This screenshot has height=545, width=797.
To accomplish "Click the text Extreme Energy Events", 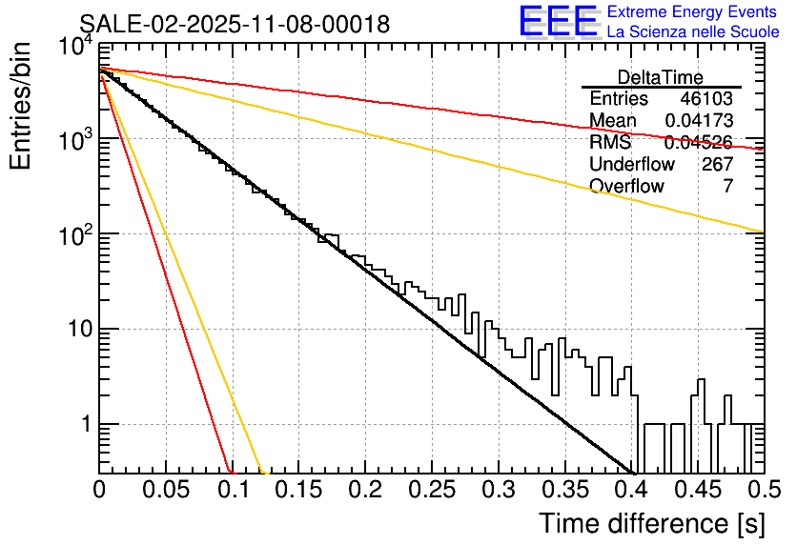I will (692, 12).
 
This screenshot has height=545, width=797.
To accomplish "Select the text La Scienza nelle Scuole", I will (692, 31).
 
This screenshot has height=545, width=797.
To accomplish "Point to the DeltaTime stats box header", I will (661, 77).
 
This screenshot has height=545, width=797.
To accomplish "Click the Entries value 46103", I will (706, 99).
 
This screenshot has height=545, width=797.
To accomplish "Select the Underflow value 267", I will (716, 165).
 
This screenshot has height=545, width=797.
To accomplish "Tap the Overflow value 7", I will (727, 187).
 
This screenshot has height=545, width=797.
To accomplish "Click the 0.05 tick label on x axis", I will (166, 491).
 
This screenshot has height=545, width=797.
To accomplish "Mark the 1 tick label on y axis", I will (84, 425).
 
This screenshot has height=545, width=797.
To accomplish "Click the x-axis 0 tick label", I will (100, 491).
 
